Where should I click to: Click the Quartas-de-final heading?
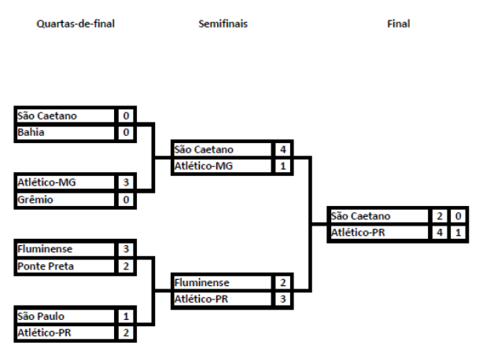76,24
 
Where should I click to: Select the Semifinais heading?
223,24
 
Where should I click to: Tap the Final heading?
398,24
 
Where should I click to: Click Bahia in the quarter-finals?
31,132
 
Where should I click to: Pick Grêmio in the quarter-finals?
35,200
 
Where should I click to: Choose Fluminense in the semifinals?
202,282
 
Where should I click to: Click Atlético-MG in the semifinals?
204,166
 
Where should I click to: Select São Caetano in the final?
361,216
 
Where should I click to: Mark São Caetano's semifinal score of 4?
282,149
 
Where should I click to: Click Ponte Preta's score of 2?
125,266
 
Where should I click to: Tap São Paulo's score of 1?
125,316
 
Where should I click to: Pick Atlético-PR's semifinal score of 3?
282,299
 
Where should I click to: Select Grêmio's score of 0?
125,200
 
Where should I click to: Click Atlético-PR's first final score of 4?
440,233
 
